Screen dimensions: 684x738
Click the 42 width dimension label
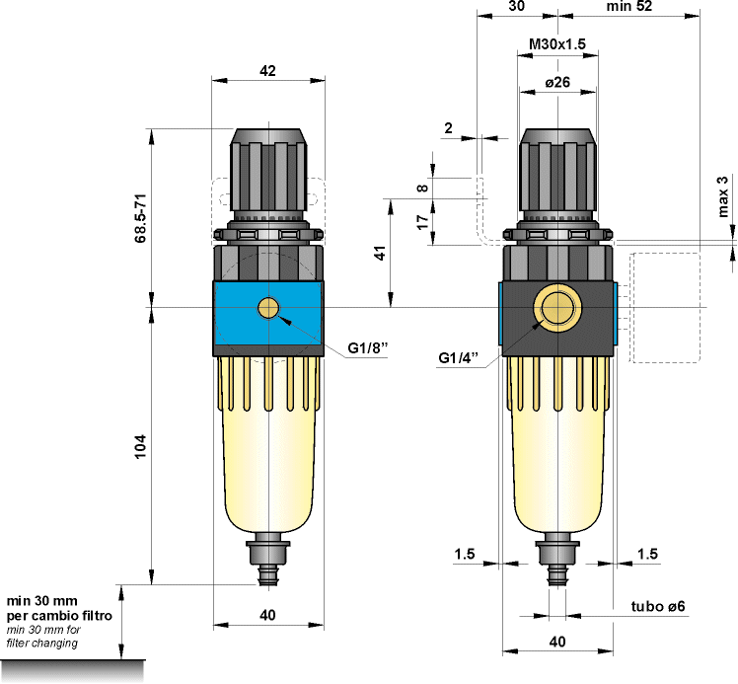tap(267, 69)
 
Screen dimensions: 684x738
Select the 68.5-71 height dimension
tap(140, 216)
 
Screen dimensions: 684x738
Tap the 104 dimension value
tap(140, 442)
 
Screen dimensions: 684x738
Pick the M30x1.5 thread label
tap(557, 44)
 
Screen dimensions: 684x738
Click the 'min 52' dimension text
tap(630, 6)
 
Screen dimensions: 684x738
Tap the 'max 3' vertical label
tap(722, 195)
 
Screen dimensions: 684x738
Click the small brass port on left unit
tap(268, 308)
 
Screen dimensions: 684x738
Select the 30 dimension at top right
tap(515, 6)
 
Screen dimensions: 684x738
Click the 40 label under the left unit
tap(267, 615)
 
